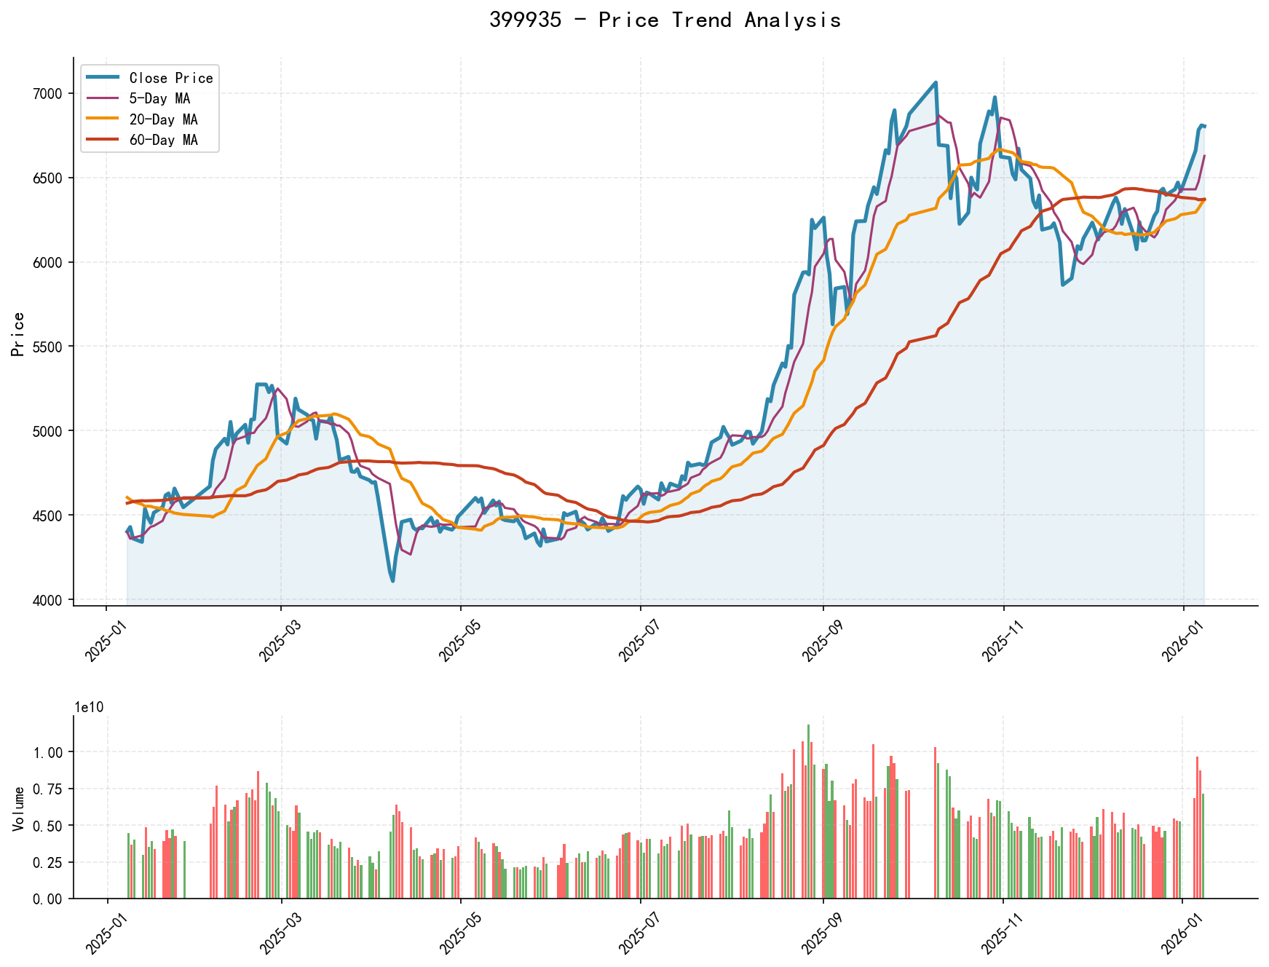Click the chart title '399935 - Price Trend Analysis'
tap(665, 20)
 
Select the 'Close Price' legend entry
tap(170, 78)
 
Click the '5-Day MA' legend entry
tap(159, 99)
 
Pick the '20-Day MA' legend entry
tap(163, 119)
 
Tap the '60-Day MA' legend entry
tap(163, 140)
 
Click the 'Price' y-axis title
tap(19, 333)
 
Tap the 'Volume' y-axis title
tap(19, 808)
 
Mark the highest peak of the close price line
tap(936, 82)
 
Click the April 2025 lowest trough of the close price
tap(393, 580)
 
